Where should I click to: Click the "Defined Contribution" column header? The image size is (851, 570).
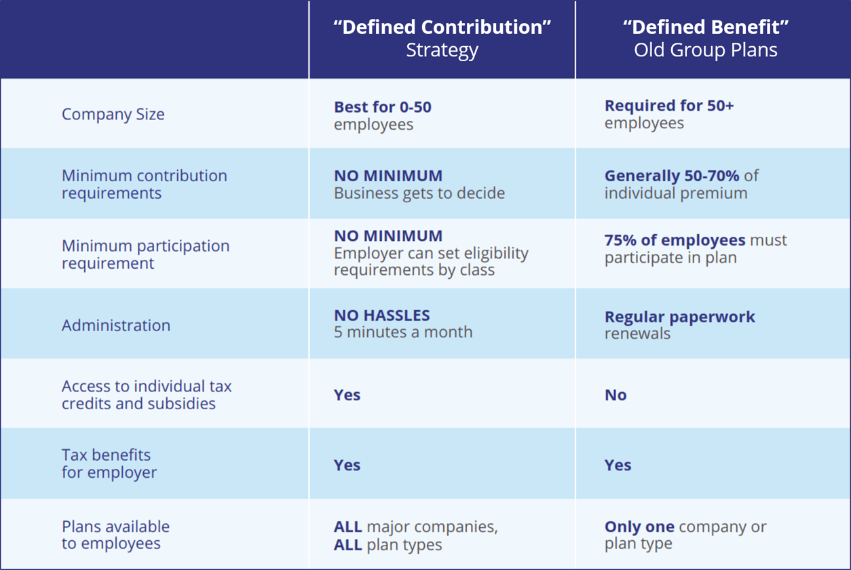coord(442,27)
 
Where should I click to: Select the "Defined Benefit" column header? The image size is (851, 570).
coord(706,27)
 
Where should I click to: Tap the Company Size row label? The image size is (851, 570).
coord(113,114)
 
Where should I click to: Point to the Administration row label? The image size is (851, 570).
coord(116,325)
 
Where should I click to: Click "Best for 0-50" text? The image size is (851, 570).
coord(383,107)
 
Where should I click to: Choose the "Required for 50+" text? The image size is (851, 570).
coord(669,106)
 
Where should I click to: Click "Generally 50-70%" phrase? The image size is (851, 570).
coord(672,176)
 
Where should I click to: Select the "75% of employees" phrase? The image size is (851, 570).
coord(675,240)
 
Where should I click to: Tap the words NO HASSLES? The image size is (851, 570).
coord(382,316)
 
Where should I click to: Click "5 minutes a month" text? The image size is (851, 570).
coord(403,332)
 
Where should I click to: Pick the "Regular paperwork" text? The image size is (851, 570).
coord(679,317)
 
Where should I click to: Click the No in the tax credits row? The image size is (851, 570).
coord(616,395)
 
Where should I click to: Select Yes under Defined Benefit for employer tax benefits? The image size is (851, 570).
coord(618,465)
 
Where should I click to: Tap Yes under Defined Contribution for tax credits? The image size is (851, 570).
coord(347,395)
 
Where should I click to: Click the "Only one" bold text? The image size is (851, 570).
coord(639,527)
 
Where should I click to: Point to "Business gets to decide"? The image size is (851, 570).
coord(419,193)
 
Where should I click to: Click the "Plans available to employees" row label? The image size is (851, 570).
coord(115,535)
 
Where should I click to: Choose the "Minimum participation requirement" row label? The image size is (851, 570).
coord(145,254)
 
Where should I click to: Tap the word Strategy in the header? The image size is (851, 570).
coord(442,50)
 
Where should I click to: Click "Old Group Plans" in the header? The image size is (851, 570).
coord(706,50)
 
